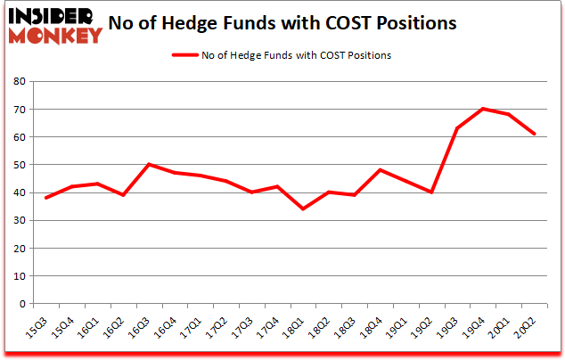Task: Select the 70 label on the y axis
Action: [x=18, y=110]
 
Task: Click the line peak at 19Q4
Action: [x=482, y=109]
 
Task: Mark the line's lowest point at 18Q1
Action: [x=302, y=209]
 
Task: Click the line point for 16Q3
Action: [x=148, y=164]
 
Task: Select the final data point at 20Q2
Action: [x=533, y=134]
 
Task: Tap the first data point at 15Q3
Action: [x=45, y=198]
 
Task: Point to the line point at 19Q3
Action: [x=456, y=128]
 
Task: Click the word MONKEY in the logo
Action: [x=54, y=36]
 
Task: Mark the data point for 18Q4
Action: [x=380, y=170]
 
